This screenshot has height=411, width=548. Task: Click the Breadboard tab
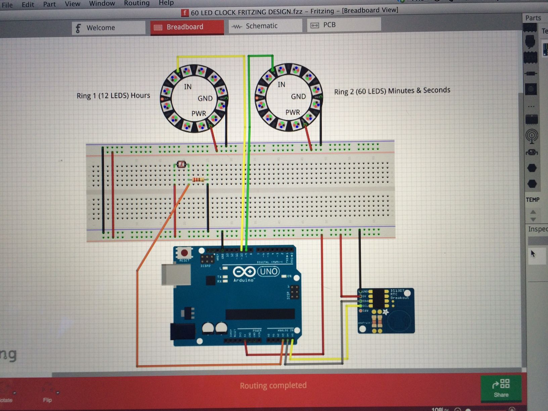[x=187, y=27]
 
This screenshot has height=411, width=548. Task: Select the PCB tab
[x=329, y=25]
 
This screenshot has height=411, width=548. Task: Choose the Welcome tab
[x=100, y=28]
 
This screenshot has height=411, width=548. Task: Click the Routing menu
[x=137, y=3]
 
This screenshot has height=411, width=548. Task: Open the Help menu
[x=166, y=3]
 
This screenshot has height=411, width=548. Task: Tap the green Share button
[x=501, y=388]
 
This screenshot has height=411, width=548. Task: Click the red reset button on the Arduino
[x=184, y=253]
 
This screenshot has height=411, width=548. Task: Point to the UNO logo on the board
[x=268, y=272]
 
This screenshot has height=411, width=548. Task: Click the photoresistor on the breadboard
[x=181, y=165]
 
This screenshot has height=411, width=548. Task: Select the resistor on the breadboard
[x=198, y=180]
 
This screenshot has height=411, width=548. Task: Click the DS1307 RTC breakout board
[x=386, y=311]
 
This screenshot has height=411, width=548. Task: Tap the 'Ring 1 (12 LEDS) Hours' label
[x=113, y=96]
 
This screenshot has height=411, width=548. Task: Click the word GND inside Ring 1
[x=205, y=98]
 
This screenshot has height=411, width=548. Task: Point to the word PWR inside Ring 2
[x=292, y=112]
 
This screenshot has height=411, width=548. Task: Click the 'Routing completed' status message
[x=273, y=385]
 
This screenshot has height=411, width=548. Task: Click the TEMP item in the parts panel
[x=533, y=200]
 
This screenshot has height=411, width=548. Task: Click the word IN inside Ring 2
[x=281, y=85]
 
